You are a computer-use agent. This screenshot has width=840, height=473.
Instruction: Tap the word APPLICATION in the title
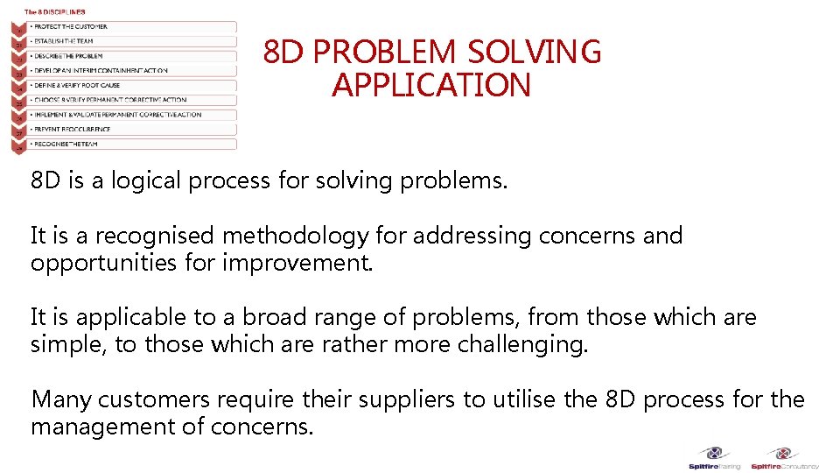pyautogui.click(x=431, y=86)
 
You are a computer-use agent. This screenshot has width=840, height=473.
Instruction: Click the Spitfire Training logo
pyautogui.click(x=716, y=458)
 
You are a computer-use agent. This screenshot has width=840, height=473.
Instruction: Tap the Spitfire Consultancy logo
pyautogui.click(x=785, y=458)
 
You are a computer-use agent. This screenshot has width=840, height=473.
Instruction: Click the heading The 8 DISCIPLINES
pyautogui.click(x=55, y=11)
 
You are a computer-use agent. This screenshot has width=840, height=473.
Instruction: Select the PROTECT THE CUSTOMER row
pyautogui.click(x=131, y=27)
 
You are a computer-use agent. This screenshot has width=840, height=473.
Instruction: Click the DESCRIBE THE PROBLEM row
pyautogui.click(x=131, y=56)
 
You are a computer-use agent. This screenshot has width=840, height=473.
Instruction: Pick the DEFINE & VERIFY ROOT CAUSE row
pyautogui.click(x=131, y=86)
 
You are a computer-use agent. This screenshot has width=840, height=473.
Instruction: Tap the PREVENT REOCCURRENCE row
pyautogui.click(x=131, y=129)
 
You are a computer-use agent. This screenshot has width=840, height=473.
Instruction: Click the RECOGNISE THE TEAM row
pyautogui.click(x=131, y=144)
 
